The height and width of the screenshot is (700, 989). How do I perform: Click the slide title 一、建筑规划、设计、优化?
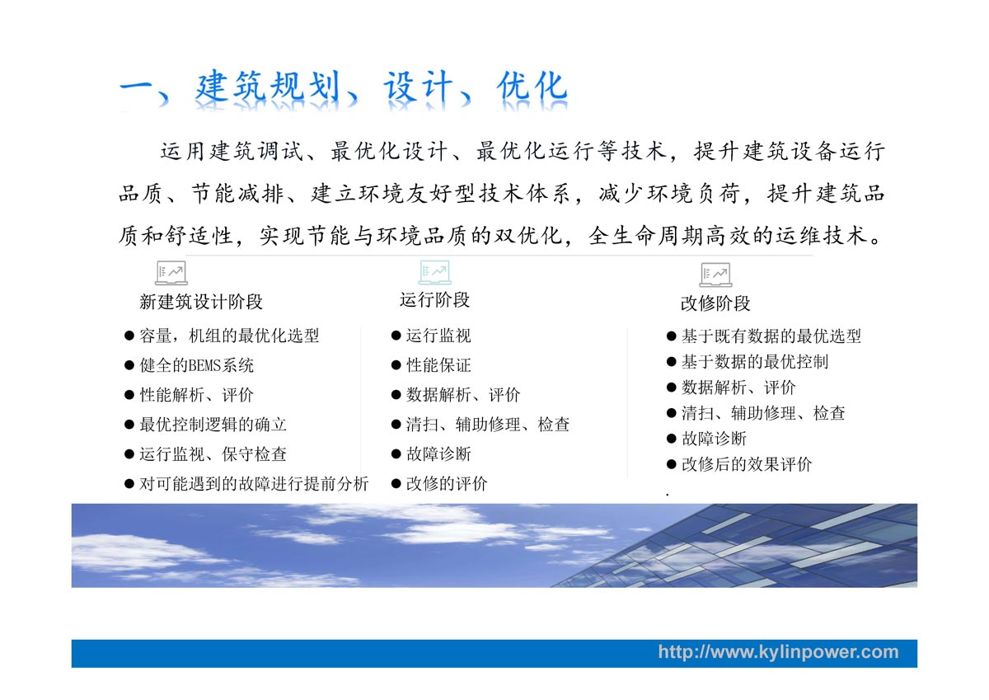tap(344, 88)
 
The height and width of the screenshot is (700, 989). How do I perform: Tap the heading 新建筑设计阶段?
tap(201, 302)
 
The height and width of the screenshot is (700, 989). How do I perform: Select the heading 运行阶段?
tap(434, 300)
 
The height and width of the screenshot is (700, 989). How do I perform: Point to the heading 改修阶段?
tap(715, 303)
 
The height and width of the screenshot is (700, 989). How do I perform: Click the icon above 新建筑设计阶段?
tap(171, 273)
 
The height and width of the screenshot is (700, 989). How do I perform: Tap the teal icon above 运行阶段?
tap(435, 272)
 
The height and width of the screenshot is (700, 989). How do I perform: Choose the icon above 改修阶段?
tap(715, 275)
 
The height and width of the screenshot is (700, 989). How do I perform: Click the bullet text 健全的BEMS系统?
tap(196, 366)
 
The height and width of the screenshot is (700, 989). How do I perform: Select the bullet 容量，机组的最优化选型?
tap(229, 336)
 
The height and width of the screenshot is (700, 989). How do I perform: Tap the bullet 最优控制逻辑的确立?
tap(213, 425)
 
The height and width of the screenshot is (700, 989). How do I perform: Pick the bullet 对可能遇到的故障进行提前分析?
tap(254, 484)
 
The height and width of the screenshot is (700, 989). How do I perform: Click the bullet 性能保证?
tap(438, 366)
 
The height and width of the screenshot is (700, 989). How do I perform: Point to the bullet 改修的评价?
tap(447, 484)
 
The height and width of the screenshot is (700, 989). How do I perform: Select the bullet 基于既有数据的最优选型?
tap(771, 336)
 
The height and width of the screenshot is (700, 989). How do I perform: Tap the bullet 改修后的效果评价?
tap(747, 465)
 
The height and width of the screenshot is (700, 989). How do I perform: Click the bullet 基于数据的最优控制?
tap(755, 362)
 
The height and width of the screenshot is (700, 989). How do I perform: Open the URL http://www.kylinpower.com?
tap(778, 652)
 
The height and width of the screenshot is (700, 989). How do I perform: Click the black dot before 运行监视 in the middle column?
tap(396, 336)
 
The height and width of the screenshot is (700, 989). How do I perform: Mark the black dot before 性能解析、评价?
tap(129, 395)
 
